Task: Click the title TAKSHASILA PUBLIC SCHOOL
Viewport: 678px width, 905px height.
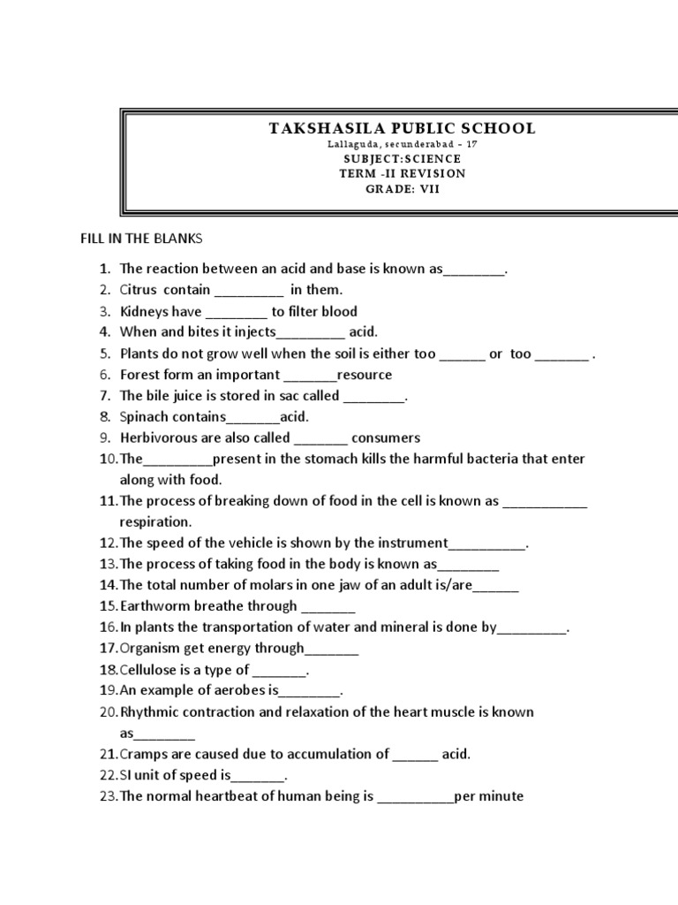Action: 402,128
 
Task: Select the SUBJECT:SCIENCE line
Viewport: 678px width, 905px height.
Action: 402,158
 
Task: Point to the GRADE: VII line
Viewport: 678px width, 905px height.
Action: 402,188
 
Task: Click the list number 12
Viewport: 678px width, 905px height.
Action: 108,543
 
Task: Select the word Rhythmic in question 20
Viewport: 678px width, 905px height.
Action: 147,711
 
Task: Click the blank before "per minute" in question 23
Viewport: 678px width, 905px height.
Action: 415,797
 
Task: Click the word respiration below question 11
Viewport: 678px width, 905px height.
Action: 155,521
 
